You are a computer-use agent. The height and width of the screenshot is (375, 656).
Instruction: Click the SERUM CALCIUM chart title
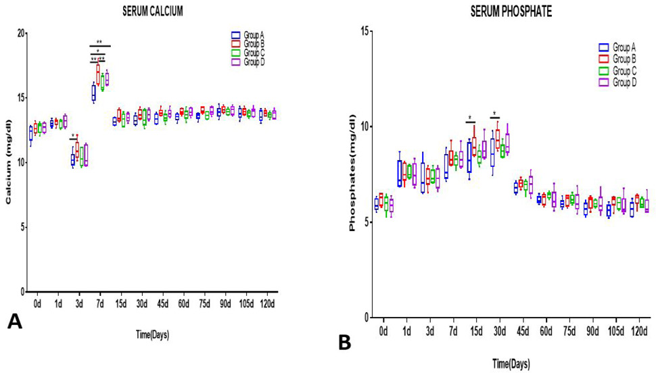152,11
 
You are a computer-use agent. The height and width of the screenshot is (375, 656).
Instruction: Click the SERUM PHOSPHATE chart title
511,11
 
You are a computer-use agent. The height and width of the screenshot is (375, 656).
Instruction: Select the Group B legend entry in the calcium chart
248,44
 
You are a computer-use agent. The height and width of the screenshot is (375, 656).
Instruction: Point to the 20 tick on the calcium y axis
19,33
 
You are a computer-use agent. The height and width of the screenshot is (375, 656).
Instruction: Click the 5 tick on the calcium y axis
22,227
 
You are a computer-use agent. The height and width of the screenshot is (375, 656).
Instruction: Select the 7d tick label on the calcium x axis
100,303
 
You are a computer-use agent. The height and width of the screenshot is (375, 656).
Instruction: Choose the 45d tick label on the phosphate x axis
522,332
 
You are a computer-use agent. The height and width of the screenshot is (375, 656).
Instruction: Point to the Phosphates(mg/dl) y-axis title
352,185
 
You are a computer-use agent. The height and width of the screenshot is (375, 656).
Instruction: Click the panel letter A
15,322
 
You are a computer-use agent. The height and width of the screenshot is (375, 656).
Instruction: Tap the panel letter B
345,343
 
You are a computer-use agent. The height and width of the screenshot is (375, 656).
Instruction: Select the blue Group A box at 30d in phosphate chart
492,152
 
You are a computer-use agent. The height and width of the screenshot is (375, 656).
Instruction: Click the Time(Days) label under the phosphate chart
511,364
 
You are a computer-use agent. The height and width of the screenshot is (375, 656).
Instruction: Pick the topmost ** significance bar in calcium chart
100,45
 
